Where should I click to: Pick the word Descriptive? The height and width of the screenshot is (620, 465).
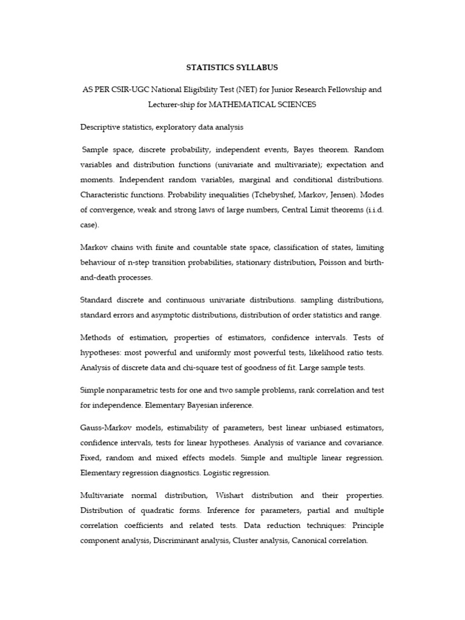[100, 127]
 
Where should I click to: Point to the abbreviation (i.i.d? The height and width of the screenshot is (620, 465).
[370, 210]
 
